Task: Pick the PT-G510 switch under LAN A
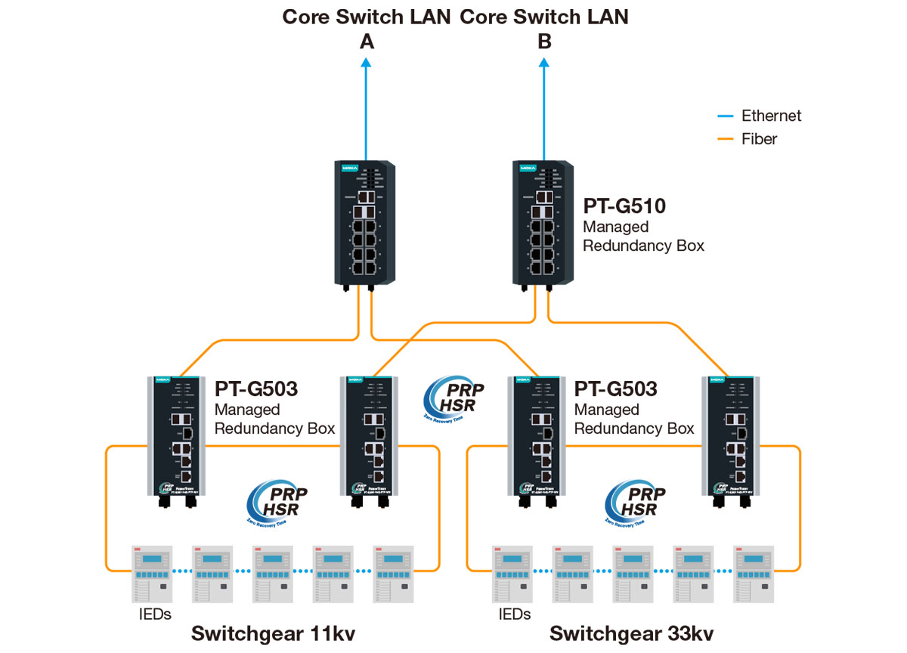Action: point(364,223)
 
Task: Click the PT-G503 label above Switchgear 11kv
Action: point(256,390)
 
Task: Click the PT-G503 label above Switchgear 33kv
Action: point(616,390)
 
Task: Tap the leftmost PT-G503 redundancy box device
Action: point(175,439)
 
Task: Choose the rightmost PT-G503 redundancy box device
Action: point(729,439)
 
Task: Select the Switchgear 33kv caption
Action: point(632,633)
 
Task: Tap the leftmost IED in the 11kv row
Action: point(150,574)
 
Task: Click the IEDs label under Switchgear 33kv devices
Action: point(514,614)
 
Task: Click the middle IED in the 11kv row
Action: point(272,574)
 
